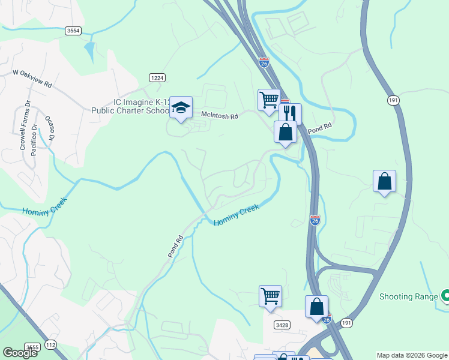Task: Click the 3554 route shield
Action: tap(73, 31)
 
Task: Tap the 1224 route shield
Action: tap(157, 77)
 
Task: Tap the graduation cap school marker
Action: tap(181, 108)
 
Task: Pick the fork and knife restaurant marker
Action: tap(290, 113)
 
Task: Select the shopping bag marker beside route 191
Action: tap(384, 181)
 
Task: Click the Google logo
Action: tap(20, 353)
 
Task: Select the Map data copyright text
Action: tap(412, 355)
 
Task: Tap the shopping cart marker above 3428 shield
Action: tap(270, 296)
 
